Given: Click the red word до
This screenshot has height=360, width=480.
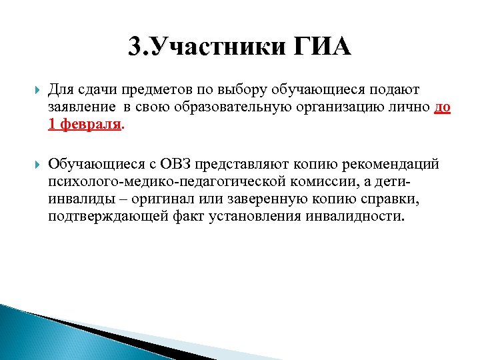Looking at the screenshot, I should (442, 107).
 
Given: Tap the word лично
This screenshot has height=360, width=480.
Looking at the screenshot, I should (412, 107).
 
